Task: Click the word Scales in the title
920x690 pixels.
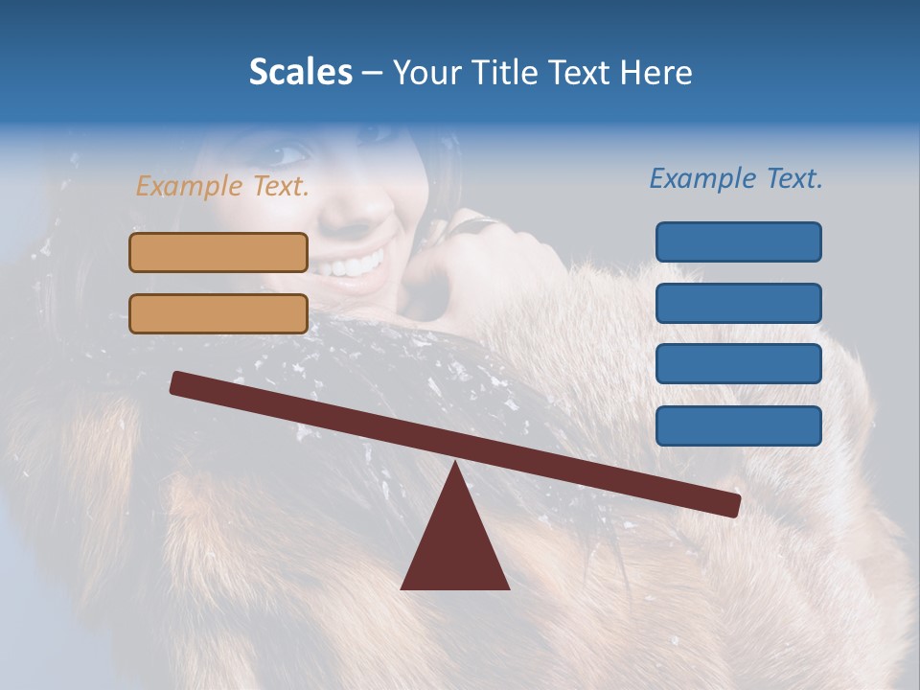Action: pos(300,72)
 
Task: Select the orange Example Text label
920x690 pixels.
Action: pos(222,186)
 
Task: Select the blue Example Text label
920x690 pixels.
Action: pos(736,178)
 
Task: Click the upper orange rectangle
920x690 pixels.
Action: pos(218,252)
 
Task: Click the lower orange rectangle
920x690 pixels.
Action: pos(218,313)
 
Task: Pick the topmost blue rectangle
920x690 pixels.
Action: pos(738,241)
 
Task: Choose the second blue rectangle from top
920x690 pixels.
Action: pos(738,303)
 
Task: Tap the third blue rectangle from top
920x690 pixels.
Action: pos(738,364)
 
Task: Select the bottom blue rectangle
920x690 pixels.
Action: pos(738,425)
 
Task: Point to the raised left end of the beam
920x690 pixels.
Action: pos(178,382)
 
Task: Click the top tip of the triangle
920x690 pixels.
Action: pos(455,464)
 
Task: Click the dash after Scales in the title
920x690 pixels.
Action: pos(372,73)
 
